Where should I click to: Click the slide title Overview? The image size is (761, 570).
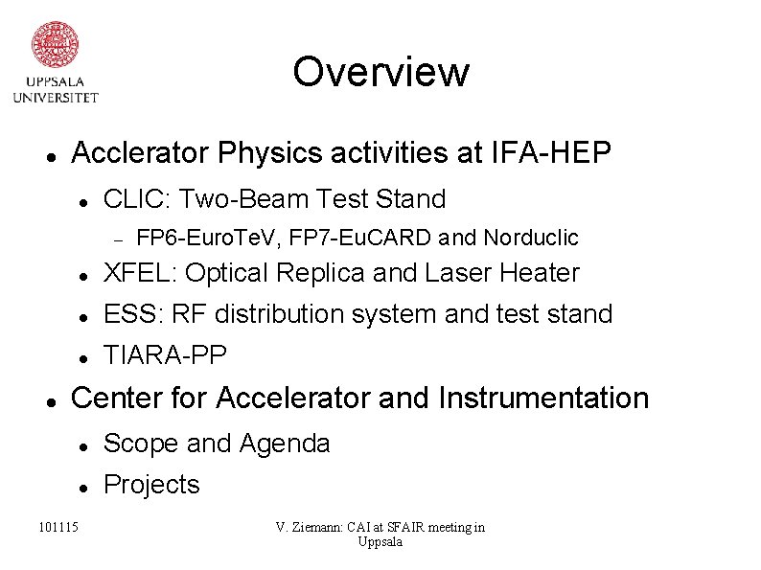[380, 72]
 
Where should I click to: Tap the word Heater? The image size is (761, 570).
[540, 274]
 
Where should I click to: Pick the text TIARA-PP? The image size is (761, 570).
[165, 355]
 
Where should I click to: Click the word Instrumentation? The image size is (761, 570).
[543, 397]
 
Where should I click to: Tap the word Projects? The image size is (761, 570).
[151, 485]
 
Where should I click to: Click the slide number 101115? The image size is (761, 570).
[59, 526]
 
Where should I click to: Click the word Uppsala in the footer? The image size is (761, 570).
[380, 542]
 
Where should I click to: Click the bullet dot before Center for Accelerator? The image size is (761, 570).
[48, 399]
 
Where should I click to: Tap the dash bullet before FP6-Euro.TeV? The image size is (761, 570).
[112, 238]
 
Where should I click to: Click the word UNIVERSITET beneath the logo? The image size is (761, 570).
[55, 96]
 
